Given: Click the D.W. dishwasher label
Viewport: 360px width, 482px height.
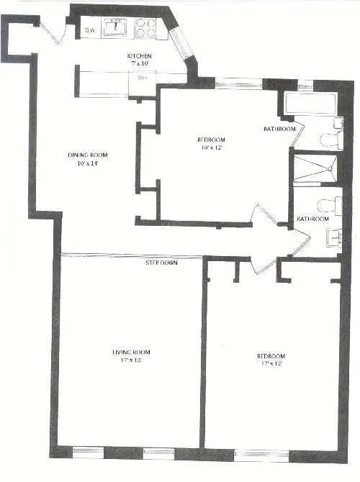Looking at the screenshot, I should tap(91, 30).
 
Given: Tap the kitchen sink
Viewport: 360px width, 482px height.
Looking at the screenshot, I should tap(115, 28).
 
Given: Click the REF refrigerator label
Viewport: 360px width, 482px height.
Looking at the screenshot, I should tap(144, 78).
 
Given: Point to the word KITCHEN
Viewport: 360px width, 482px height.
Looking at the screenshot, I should tap(140, 55).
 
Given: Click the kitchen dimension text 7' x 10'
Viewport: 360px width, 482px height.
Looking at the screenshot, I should tap(140, 65).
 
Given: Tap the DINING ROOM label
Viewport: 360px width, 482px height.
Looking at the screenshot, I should tap(82, 155).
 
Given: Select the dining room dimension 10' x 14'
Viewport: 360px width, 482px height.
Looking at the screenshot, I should tap(82, 164).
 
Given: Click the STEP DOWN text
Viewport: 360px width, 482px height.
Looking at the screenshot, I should tap(162, 263).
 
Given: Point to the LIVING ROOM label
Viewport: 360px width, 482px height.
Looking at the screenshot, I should tap(131, 352).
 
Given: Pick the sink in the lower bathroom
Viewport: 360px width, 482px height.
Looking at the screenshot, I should tap(333, 237).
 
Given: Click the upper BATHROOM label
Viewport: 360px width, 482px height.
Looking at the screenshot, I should tap(279, 129).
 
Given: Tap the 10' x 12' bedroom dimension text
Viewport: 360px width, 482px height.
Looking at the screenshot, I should tap(211, 148).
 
